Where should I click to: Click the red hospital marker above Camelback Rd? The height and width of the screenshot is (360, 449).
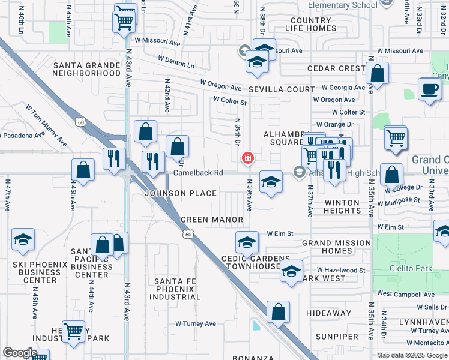[x=247, y=158]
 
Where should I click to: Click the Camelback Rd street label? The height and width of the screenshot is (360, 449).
[x=198, y=173]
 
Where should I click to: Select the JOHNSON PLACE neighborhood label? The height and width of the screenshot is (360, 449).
[x=181, y=193]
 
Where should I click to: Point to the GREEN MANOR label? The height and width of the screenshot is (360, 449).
[x=212, y=220]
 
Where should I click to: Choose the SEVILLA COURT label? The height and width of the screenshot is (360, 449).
[x=282, y=89]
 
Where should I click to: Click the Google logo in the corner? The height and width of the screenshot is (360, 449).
[x=20, y=353]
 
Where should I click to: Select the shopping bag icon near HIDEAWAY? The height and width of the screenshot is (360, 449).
[x=278, y=311]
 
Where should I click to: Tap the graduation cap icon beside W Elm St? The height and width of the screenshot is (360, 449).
[x=246, y=242]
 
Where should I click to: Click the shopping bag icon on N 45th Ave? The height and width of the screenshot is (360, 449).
[x=83, y=170]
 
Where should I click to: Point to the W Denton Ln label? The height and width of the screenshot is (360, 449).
[x=176, y=61]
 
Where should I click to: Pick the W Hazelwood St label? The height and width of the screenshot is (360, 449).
[x=341, y=271]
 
